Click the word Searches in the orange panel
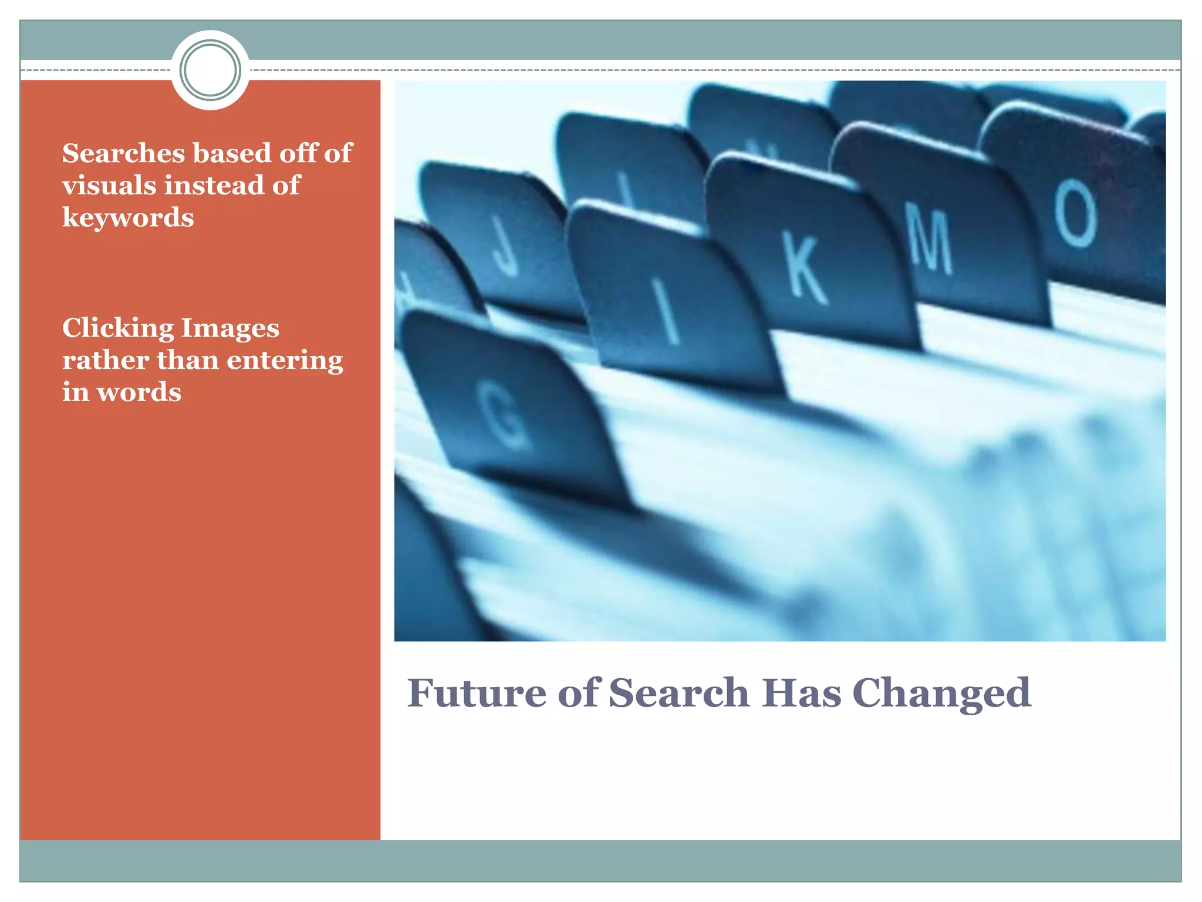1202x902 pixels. point(124,154)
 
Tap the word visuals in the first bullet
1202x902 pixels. point(109,186)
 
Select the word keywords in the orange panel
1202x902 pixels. point(128,218)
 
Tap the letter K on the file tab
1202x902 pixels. point(806,269)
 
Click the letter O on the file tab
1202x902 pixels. point(1075,213)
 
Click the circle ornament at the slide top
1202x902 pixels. point(210,70)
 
